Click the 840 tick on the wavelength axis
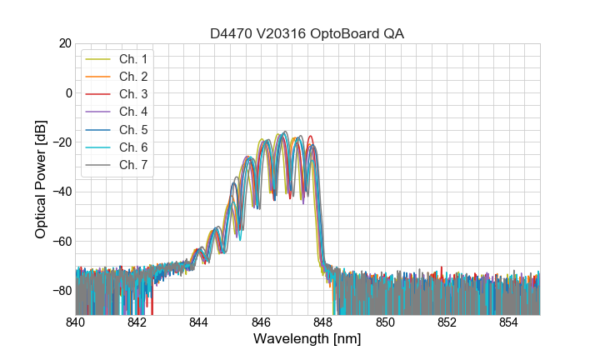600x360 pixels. click(76, 322)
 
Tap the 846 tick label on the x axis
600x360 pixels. click(262, 322)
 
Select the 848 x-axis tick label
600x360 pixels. click(323, 322)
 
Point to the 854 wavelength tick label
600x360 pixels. click(509, 322)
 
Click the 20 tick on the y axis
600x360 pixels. click(64, 42)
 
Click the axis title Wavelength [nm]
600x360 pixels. click(307, 340)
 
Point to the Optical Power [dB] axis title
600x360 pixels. click(41, 178)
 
